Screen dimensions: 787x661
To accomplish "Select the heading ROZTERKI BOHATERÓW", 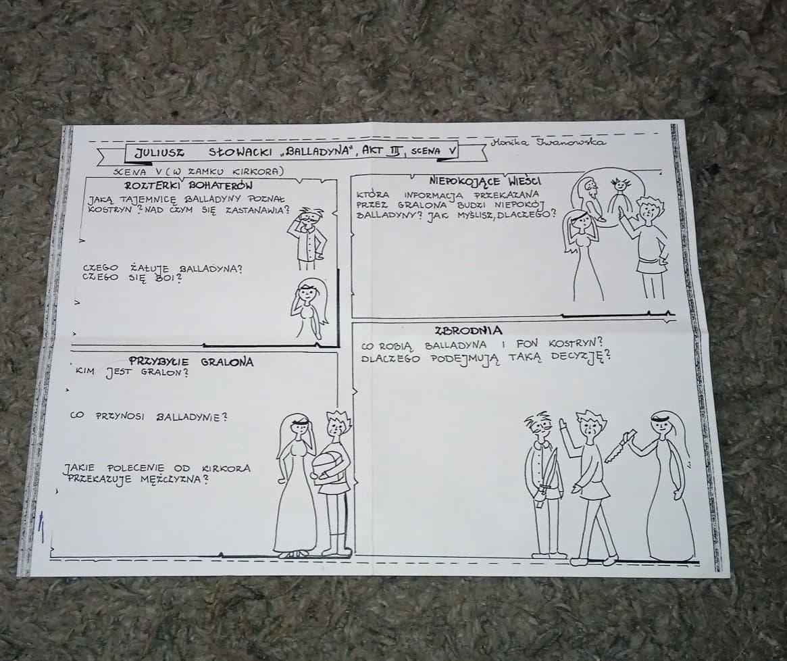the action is tap(188, 185).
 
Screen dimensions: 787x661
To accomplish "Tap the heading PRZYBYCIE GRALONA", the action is tap(191, 362).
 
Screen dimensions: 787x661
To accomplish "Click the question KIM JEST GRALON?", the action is tap(132, 372).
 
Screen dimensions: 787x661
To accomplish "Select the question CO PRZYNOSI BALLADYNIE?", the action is tap(149, 416).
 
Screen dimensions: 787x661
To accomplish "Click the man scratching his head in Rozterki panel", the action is tap(307, 237).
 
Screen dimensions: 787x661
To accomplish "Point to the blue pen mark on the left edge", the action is tap(42, 527).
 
